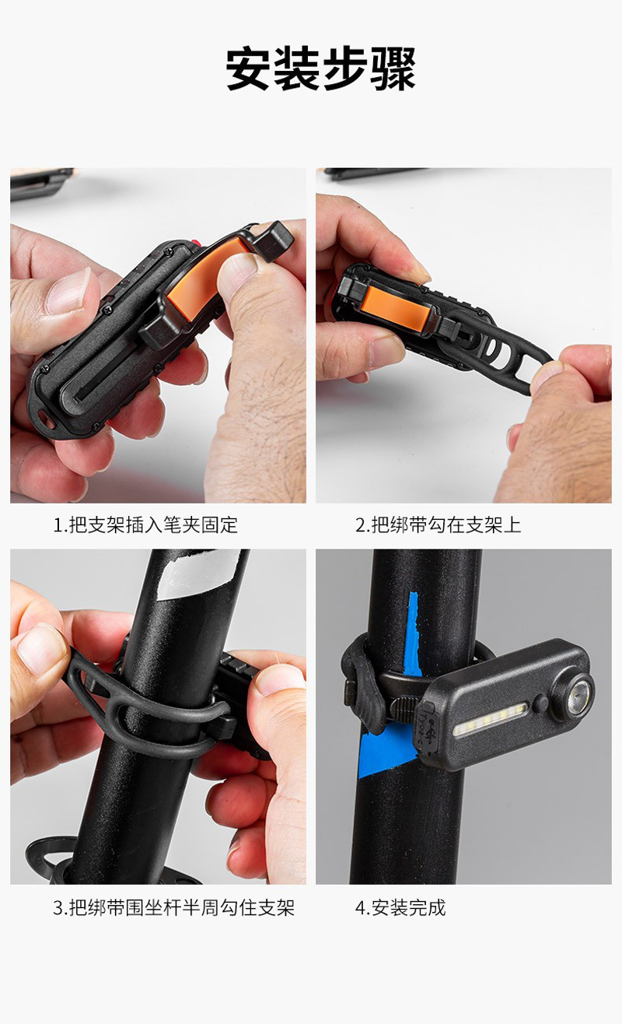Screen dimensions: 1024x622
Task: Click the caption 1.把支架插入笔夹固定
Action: click(x=145, y=525)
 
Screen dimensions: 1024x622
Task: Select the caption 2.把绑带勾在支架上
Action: click(x=439, y=525)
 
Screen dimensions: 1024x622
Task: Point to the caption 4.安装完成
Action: click(x=400, y=907)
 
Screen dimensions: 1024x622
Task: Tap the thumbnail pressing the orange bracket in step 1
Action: click(x=237, y=268)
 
